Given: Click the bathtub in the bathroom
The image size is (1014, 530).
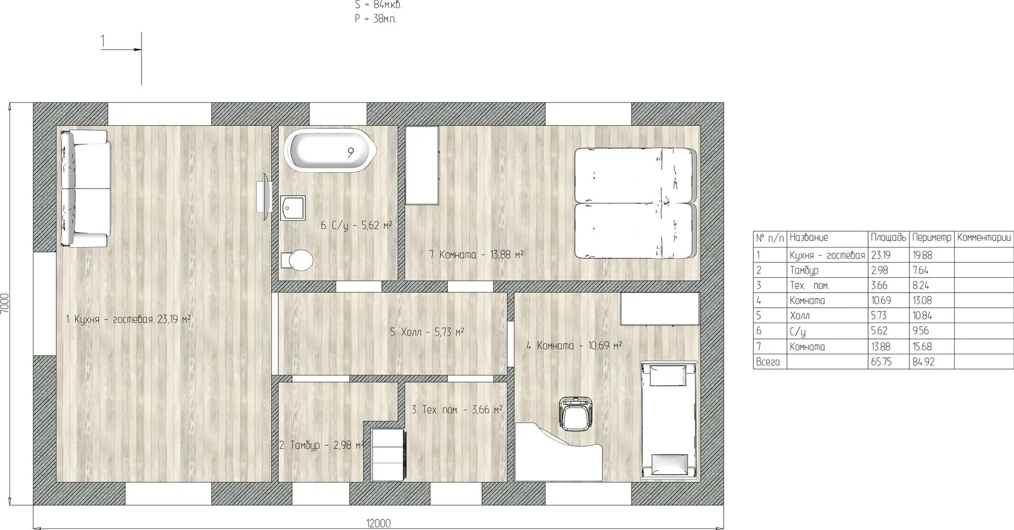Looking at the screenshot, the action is [x=330, y=150].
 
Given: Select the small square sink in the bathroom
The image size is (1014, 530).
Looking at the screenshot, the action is [x=293, y=209].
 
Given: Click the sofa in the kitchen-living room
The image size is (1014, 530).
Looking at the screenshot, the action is [x=84, y=188].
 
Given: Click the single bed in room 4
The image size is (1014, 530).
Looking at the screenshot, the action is [x=669, y=420].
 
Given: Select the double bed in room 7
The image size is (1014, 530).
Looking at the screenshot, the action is [x=635, y=203].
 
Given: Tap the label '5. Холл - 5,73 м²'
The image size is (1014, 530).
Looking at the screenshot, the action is [x=427, y=332].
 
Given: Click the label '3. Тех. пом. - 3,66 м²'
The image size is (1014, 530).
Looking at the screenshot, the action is [x=457, y=409].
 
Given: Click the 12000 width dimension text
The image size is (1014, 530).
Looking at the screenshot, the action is [x=378, y=523].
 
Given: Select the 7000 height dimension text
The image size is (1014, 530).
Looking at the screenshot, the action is [x=5, y=304].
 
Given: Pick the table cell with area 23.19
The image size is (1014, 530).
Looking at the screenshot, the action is [x=880, y=255].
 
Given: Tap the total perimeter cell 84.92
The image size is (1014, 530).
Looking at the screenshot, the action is [x=923, y=362].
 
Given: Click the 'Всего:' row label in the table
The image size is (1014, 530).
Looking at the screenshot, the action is [x=768, y=362].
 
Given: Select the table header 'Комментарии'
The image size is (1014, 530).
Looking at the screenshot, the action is [x=984, y=238].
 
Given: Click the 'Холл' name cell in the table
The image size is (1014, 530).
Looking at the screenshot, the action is [x=800, y=316].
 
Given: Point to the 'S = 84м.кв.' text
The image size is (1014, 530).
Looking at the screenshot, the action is [x=378, y=5].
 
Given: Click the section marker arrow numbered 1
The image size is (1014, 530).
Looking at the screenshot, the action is [x=121, y=50].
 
